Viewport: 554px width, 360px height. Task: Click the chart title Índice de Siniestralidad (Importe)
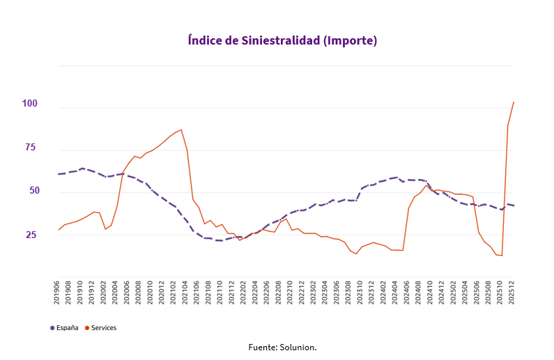point(282,40)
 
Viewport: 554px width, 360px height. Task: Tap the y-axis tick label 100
point(29,104)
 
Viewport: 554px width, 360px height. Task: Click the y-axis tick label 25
point(32,235)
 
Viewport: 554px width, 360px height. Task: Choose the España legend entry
point(64,327)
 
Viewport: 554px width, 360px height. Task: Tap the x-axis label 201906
point(58,293)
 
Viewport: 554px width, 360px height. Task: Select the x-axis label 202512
point(513,293)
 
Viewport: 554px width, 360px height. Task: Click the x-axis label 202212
point(302,293)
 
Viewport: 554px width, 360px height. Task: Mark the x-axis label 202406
point(408,293)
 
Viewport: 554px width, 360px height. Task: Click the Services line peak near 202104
point(181,130)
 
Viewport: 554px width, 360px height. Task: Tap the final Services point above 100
point(514,102)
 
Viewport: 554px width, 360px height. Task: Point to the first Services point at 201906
point(59,230)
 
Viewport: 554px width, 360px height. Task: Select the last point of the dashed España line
point(514,205)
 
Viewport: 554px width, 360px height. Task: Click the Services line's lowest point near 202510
point(502,256)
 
